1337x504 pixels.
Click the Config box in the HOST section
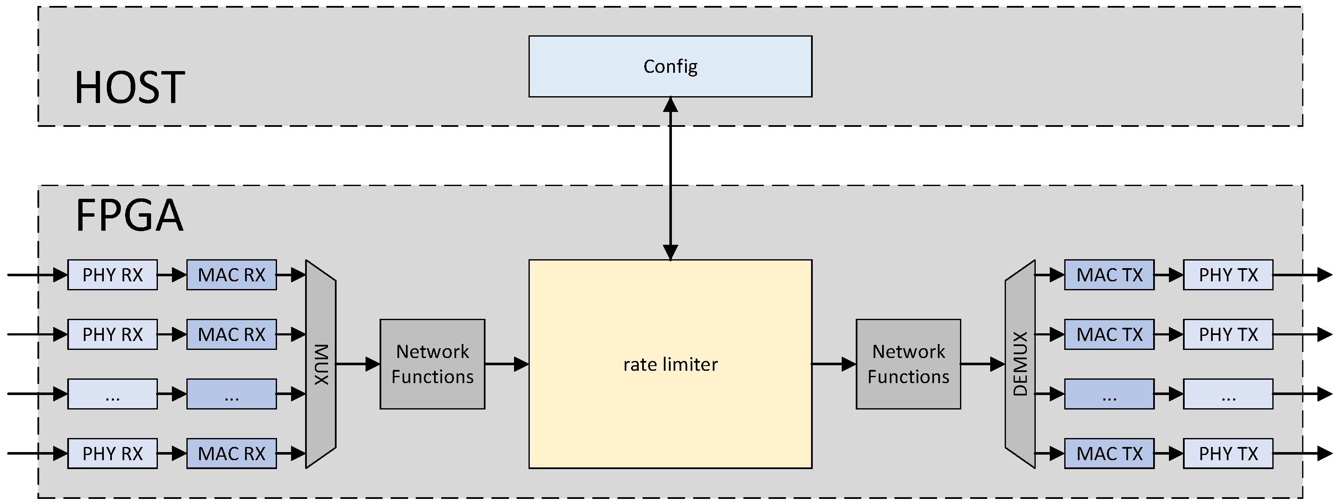(x=670, y=66)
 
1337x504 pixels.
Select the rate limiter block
(x=670, y=364)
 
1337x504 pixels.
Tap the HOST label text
(x=130, y=87)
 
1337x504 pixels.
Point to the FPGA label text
(x=130, y=215)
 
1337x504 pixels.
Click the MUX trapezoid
(x=321, y=364)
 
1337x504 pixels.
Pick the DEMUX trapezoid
(x=1020, y=364)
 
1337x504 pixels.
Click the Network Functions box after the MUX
(x=432, y=364)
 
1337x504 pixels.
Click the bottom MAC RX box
(x=231, y=453)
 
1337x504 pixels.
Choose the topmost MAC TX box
(x=1109, y=275)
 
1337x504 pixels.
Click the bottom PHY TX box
(x=1228, y=453)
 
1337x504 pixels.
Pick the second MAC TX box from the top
(x=1109, y=334)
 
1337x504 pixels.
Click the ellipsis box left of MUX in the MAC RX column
(x=231, y=394)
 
